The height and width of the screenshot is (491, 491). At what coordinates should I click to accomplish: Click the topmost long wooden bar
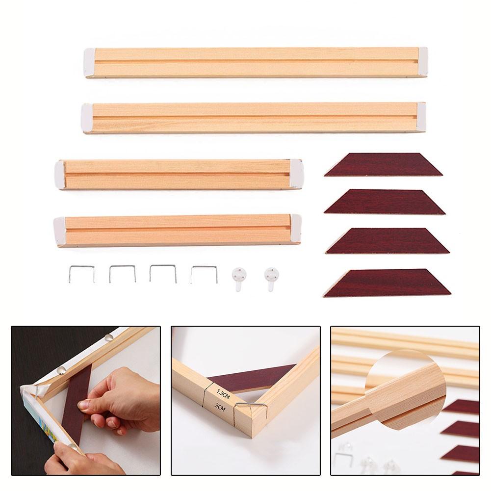[255, 62]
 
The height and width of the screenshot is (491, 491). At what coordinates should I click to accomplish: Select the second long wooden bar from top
[254, 118]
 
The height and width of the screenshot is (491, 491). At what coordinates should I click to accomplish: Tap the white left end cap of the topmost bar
[89, 62]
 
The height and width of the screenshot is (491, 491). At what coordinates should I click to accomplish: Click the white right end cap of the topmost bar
[422, 61]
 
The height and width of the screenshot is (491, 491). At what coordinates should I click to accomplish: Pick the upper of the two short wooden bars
[179, 174]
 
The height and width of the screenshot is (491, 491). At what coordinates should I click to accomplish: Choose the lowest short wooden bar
[178, 230]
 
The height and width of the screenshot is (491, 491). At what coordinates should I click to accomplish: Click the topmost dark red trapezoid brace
[383, 165]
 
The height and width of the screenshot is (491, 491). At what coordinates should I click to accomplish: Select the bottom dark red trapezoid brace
[388, 283]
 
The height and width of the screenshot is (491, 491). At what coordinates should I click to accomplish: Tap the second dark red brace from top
[385, 202]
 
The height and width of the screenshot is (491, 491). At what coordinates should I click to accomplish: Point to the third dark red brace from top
[387, 241]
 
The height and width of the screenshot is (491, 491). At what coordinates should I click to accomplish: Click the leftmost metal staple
[81, 274]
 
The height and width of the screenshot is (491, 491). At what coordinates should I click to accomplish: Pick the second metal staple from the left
[122, 274]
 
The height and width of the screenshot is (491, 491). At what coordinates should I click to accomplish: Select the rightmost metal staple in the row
[204, 274]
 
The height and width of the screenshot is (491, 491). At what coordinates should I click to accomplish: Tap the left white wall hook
[239, 278]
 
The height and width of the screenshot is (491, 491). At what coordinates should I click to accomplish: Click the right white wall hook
[271, 278]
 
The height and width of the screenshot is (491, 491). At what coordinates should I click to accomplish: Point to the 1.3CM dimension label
[223, 392]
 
